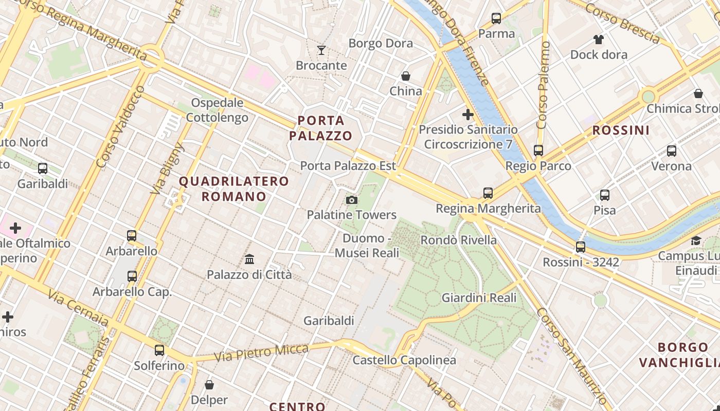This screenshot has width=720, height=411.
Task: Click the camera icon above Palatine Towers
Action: [x=352, y=200]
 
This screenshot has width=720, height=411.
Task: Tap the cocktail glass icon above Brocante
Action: [x=321, y=50]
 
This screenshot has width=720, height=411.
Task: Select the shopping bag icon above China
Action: [x=406, y=76]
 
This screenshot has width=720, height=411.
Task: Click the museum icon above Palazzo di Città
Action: [x=249, y=259]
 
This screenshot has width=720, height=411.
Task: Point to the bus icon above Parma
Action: [x=496, y=18]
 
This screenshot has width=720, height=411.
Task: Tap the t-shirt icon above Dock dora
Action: [x=599, y=39]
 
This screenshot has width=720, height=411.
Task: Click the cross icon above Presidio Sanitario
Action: [x=468, y=114]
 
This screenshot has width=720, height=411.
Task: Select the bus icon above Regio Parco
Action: [x=538, y=151]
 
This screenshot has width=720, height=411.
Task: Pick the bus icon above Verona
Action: [x=672, y=151]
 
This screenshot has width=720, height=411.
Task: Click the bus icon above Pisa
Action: [x=605, y=195]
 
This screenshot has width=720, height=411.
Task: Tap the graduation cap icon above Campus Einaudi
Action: [x=696, y=240]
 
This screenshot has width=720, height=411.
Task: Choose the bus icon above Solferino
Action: [x=159, y=350]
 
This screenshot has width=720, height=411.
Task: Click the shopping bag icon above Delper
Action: [x=209, y=384]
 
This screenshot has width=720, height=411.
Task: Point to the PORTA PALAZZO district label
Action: [x=321, y=128]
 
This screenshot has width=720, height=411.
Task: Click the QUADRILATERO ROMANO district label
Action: [x=234, y=189]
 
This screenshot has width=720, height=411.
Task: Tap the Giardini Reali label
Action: [x=479, y=297]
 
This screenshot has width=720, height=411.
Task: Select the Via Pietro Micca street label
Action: [x=261, y=353]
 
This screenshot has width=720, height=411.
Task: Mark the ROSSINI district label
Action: [x=621, y=130]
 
